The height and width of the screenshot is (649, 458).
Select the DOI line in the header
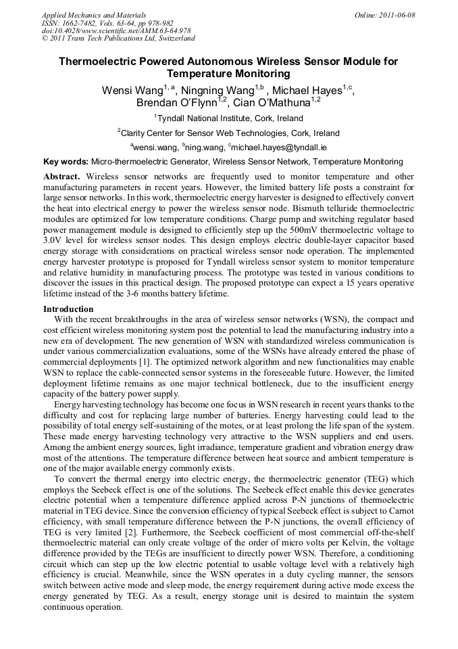coord(116,31)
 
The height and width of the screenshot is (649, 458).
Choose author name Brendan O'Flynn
coord(176,104)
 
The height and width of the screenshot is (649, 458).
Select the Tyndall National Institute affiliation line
coord(229,118)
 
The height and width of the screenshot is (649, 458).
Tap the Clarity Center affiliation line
coord(229,133)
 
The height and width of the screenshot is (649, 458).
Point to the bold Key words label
coord(66,162)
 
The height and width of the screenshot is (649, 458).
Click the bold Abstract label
coord(61,176)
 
